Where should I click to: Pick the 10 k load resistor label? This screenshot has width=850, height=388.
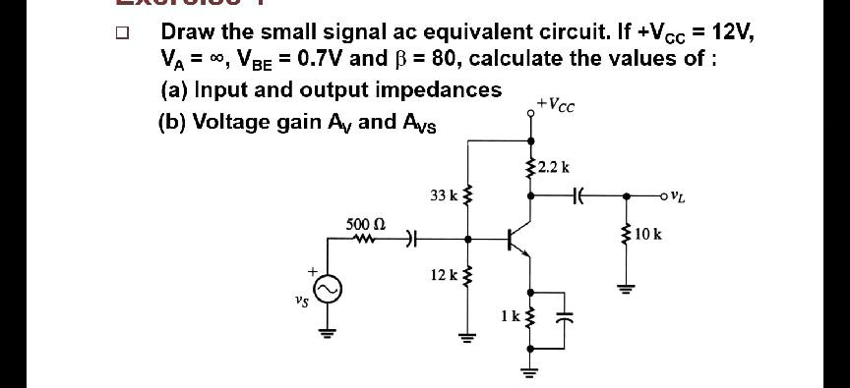click(x=649, y=235)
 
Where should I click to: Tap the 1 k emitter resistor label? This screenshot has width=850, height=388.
click(x=509, y=315)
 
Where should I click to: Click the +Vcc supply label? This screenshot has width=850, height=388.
click(x=557, y=100)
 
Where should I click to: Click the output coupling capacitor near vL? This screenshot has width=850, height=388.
click(x=578, y=195)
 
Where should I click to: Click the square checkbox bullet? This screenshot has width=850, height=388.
click(x=121, y=32)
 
